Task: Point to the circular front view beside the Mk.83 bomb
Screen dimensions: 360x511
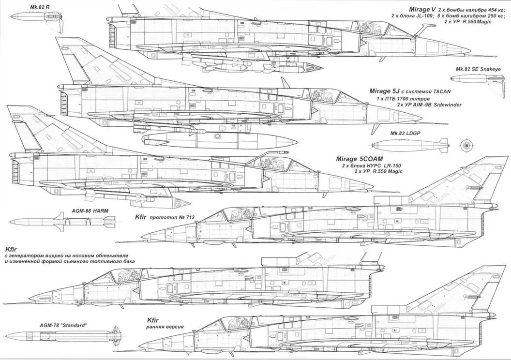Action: [466, 144]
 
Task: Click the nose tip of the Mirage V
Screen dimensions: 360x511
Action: [469, 50]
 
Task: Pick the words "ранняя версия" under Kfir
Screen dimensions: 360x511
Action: [166, 327]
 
